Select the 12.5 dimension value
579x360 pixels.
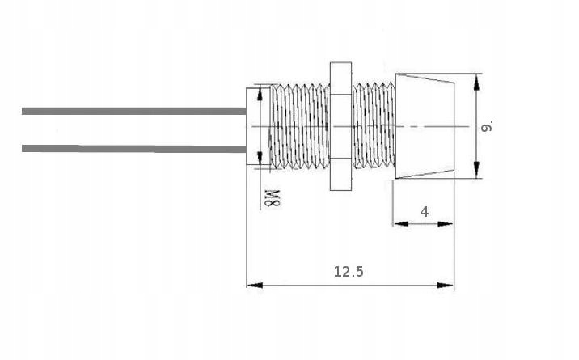click(x=349, y=273)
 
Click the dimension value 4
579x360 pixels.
click(x=425, y=212)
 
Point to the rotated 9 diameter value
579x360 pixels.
click(x=486, y=126)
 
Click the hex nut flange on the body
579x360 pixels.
click(x=339, y=126)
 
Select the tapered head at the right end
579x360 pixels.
click(x=424, y=126)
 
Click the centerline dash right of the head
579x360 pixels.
click(x=461, y=127)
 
